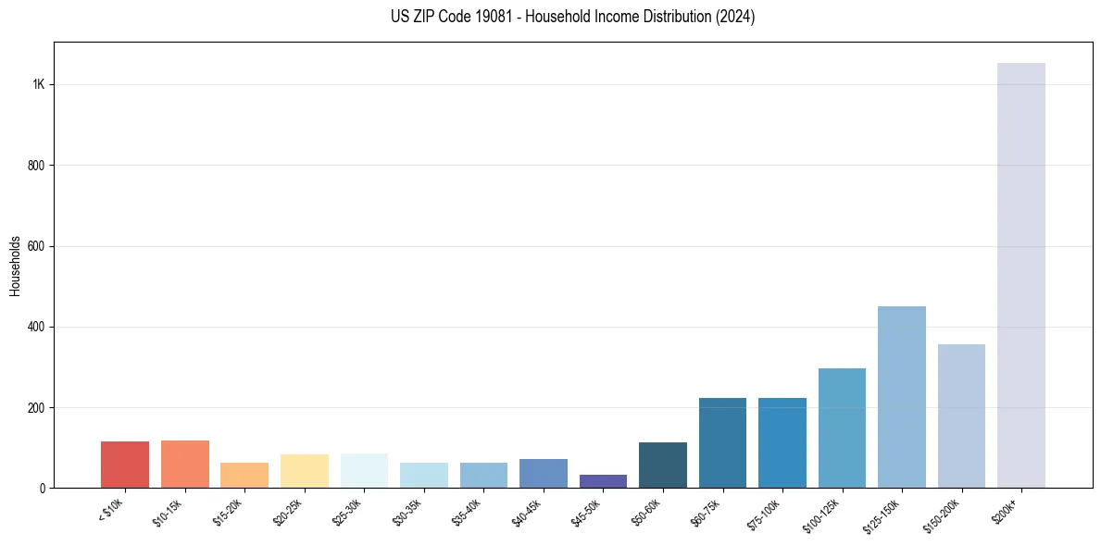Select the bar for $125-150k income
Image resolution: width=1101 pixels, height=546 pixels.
pyautogui.click(x=901, y=397)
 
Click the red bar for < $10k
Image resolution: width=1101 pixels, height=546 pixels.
pyautogui.click(x=125, y=465)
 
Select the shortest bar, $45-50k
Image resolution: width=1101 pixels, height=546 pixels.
pyautogui.click(x=603, y=481)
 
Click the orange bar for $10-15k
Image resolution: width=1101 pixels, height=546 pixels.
pyautogui.click(x=184, y=464)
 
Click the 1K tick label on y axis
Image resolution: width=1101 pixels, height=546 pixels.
pyautogui.click(x=38, y=84)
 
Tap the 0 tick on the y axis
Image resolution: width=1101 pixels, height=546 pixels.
pyautogui.click(x=42, y=488)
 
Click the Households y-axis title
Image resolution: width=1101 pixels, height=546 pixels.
pyautogui.click(x=16, y=266)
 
